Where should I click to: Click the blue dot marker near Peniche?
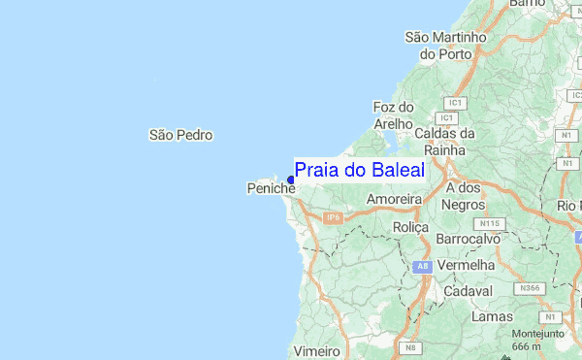[291, 180]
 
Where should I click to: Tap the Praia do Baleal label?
[359, 171]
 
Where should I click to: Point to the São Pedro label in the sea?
[180, 135]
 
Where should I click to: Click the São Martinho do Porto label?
[444, 46]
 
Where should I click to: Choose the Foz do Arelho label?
[394, 115]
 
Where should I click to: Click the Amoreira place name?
[394, 199]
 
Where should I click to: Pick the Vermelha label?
[466, 265]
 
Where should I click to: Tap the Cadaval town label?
[468, 291]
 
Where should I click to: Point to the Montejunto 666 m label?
[527, 339]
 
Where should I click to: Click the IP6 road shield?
[334, 218]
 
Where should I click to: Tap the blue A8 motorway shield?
[421, 266]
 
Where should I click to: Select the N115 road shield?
[491, 223]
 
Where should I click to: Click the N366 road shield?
[530, 288]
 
